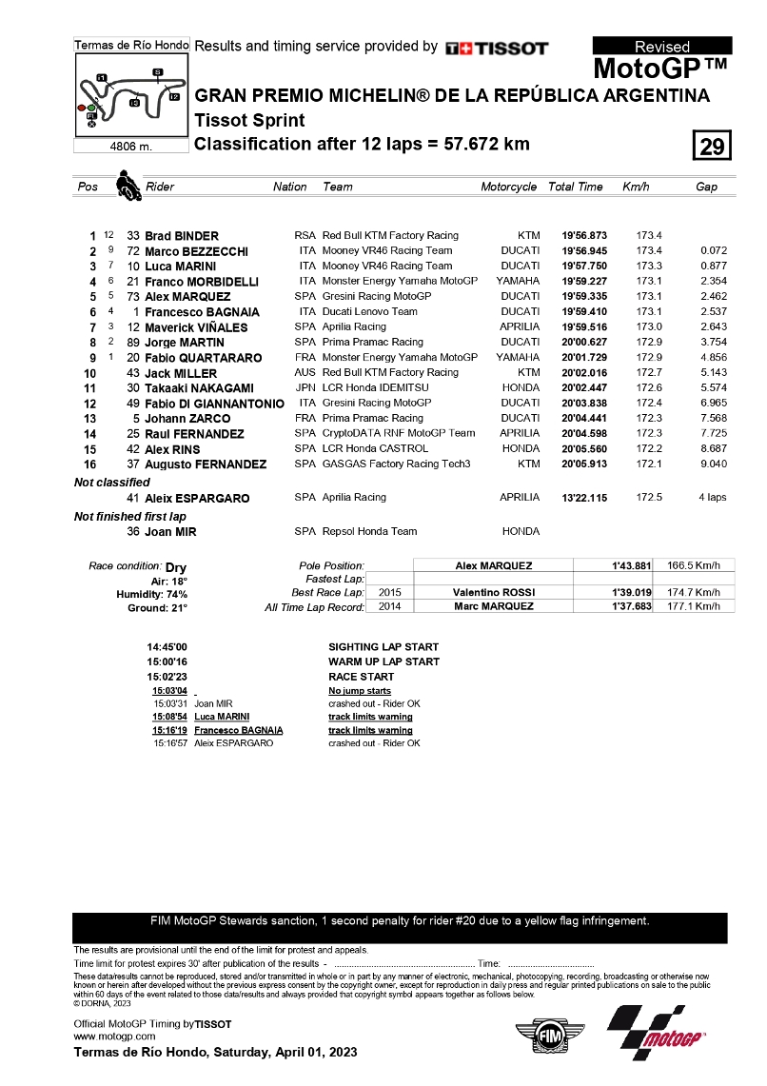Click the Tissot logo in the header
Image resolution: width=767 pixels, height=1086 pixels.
coord(497,48)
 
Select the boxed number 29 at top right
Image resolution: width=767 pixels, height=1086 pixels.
coord(712,146)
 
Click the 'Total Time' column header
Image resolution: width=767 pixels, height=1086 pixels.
coord(575,188)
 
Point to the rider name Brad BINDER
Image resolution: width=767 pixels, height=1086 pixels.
coord(182,236)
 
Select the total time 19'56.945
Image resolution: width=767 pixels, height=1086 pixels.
coord(583,251)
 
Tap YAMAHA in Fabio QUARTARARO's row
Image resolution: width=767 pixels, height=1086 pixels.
coord(517,358)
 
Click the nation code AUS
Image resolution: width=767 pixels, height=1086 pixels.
coord(305,373)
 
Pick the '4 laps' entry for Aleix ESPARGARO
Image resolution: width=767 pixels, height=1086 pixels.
coord(713,498)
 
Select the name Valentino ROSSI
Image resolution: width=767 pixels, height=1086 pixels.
coord(493,592)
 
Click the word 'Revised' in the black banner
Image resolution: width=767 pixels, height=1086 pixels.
coord(662,47)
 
